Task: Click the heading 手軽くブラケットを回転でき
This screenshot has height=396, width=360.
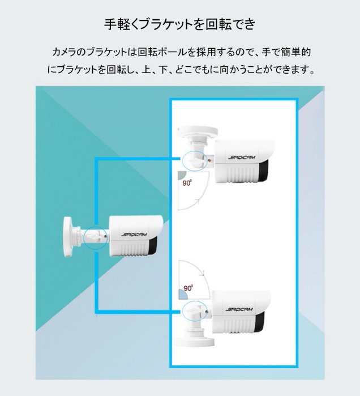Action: click(180, 25)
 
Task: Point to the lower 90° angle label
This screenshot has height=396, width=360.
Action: click(187, 288)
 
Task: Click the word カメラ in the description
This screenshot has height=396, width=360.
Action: click(63, 53)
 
